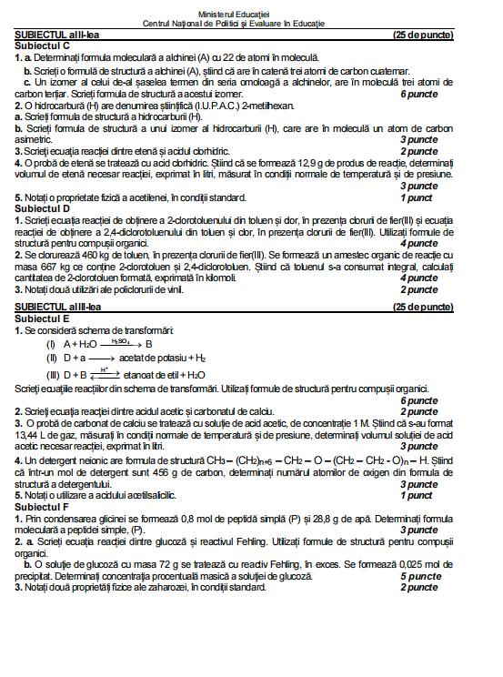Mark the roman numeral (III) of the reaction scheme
point(54,374)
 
